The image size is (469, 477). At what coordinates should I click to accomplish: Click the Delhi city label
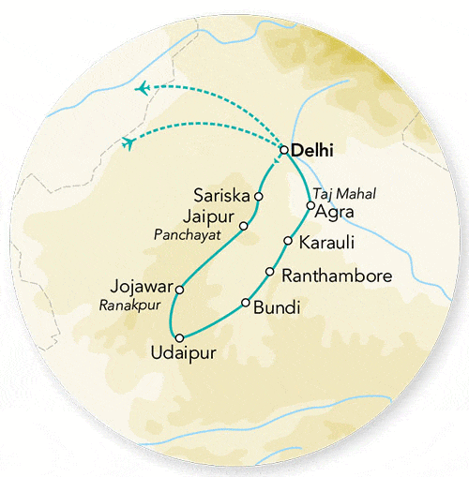(x=313, y=150)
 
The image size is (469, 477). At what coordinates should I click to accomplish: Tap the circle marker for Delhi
(x=283, y=149)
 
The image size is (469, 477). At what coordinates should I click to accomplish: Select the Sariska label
(x=220, y=197)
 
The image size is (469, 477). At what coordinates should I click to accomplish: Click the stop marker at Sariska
(x=259, y=197)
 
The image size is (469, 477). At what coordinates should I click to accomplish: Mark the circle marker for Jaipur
(x=243, y=226)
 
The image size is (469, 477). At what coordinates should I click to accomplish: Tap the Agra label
(x=336, y=212)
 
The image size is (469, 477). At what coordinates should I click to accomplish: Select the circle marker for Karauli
(x=287, y=241)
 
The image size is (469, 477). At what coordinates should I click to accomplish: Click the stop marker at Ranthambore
(x=270, y=273)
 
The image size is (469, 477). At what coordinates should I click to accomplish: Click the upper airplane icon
(x=143, y=89)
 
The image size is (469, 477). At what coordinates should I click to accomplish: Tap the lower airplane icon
(x=129, y=142)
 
